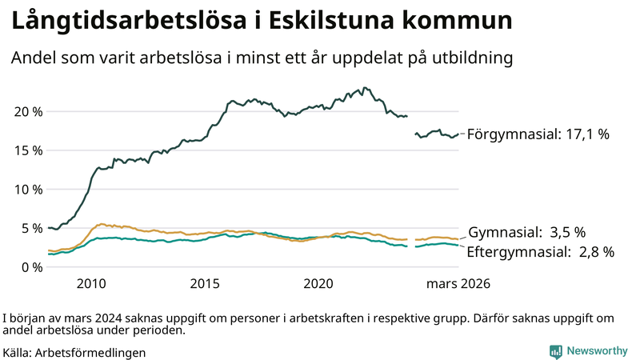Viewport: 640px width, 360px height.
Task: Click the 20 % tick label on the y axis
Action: click(27, 111)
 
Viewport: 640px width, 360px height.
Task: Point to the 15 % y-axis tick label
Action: click(27, 150)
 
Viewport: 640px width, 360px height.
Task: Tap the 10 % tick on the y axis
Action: click(27, 189)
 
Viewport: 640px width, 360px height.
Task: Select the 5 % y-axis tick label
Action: click(31, 228)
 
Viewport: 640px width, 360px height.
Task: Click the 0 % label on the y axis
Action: click(31, 266)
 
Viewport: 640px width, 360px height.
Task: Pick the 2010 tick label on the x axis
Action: click(91, 283)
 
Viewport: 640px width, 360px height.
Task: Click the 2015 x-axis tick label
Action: click(205, 283)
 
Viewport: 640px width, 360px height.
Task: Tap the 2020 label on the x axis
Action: click(318, 283)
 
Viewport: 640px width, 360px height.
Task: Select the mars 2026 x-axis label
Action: click(458, 283)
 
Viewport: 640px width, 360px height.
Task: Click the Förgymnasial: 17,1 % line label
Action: click(538, 134)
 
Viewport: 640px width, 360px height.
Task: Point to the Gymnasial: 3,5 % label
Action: click(526, 233)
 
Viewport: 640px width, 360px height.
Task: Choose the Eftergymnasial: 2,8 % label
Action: click(540, 252)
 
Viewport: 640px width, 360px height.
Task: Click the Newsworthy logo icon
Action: click(555, 351)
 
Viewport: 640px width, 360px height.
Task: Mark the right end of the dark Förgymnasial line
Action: click(458, 134)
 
